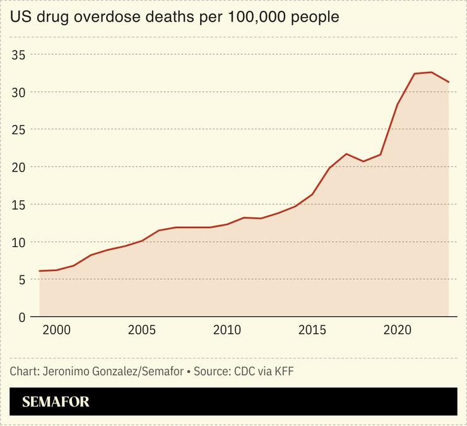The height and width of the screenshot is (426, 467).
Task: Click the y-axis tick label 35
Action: point(19,55)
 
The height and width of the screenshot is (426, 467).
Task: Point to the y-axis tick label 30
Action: point(19,92)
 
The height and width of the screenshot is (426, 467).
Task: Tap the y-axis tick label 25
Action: point(19,130)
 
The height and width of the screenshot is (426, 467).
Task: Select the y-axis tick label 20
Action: point(19,167)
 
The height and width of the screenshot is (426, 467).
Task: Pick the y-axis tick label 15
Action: point(19,205)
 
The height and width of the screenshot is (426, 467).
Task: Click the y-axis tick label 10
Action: point(19,242)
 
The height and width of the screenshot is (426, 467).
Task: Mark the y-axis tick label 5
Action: point(21,280)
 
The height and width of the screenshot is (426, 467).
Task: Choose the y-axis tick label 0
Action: point(21,317)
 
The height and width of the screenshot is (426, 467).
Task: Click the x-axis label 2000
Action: point(56,331)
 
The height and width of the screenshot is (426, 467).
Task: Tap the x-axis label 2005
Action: point(141,331)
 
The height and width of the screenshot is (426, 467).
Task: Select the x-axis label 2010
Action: point(227,331)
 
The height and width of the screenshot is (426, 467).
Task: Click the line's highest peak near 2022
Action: point(432,72)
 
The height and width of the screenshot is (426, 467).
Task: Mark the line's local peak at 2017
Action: point(346,154)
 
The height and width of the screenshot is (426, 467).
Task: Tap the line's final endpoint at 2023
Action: point(449,82)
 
